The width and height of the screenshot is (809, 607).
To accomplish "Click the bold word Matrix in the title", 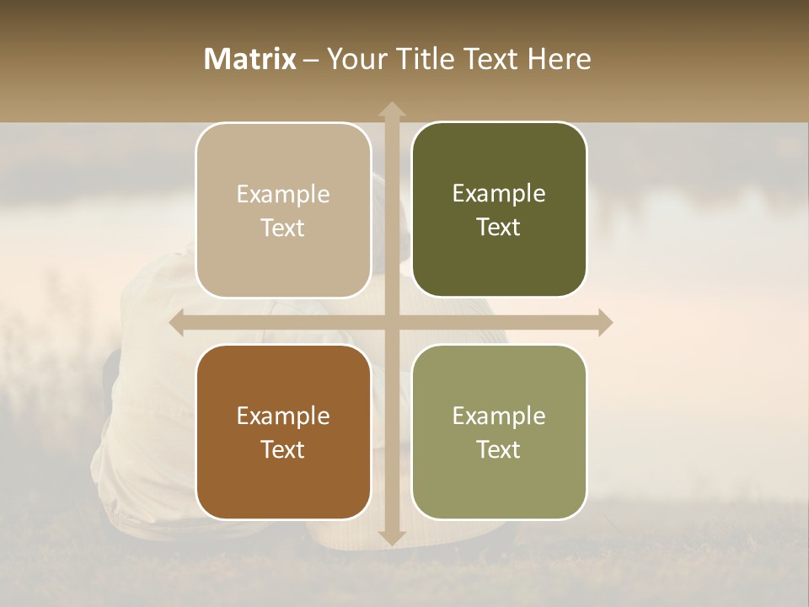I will coord(250,59).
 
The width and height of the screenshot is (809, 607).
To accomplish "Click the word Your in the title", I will coord(354,59).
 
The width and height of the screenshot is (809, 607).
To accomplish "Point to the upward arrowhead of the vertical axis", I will coord(392,110).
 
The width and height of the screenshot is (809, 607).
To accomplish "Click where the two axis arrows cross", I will coord(392,323).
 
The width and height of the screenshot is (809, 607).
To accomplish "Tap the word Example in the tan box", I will coord(283,195).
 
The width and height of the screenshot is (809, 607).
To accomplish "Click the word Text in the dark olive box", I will coord(499,228).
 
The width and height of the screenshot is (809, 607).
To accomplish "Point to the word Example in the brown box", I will coord(283,416).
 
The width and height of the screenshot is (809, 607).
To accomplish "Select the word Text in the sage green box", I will coord(499,449).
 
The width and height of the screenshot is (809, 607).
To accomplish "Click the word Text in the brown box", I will coord(283,449).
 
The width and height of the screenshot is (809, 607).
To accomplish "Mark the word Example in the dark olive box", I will coord(499,194).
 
